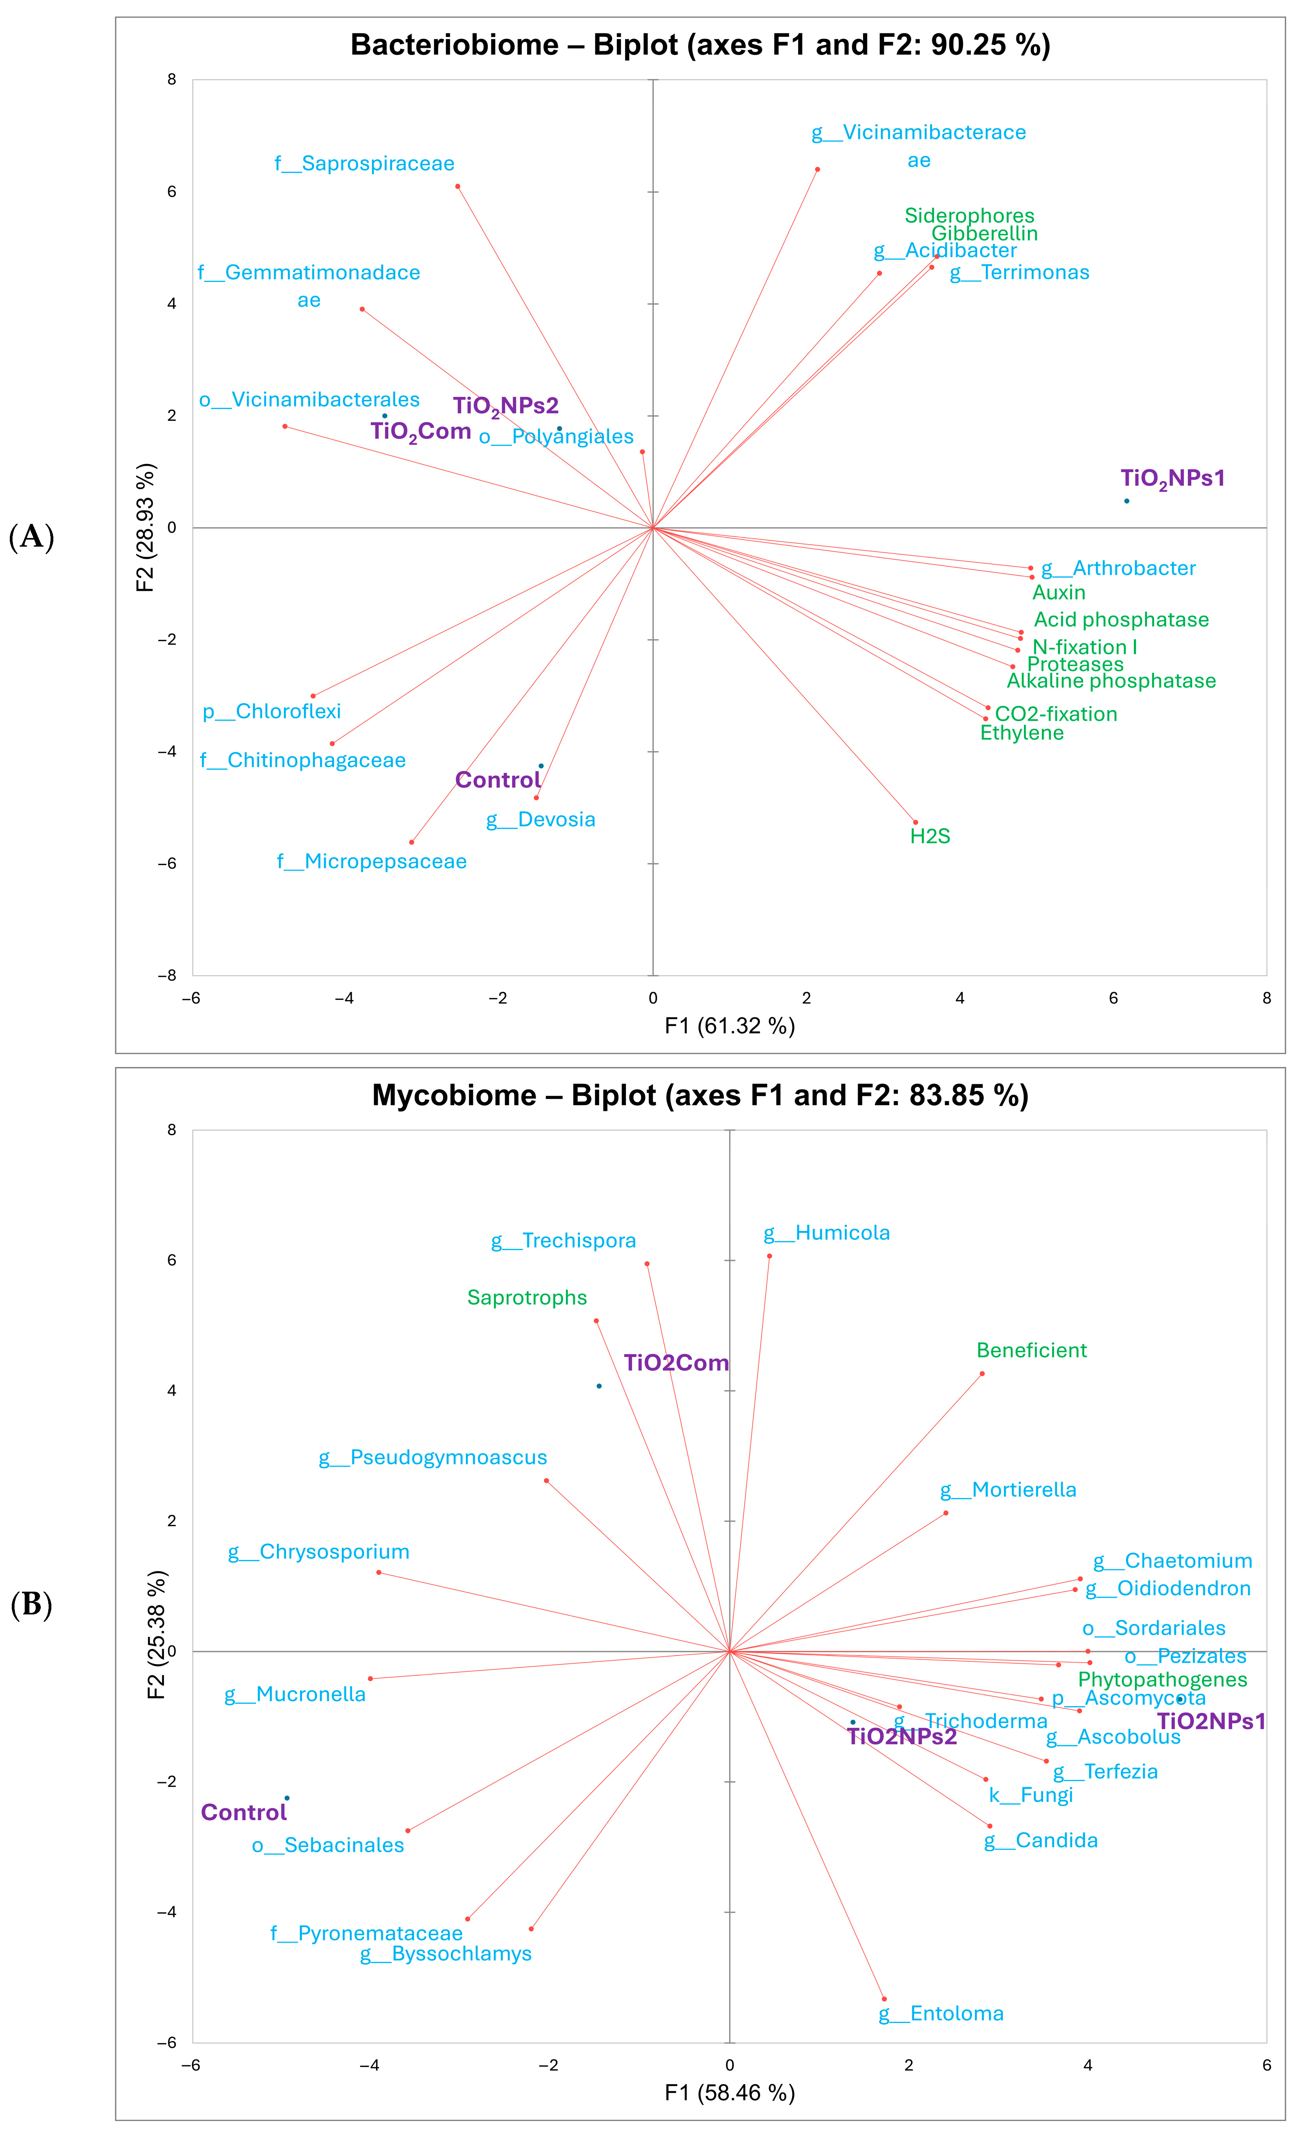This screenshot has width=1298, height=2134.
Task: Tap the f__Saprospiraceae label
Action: (x=365, y=164)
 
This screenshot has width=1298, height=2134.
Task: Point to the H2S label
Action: (x=930, y=837)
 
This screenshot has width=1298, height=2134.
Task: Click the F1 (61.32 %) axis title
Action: (x=729, y=1026)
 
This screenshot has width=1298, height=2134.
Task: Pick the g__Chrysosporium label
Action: (x=319, y=1552)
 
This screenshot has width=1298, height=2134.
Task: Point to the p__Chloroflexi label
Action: (x=272, y=712)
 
